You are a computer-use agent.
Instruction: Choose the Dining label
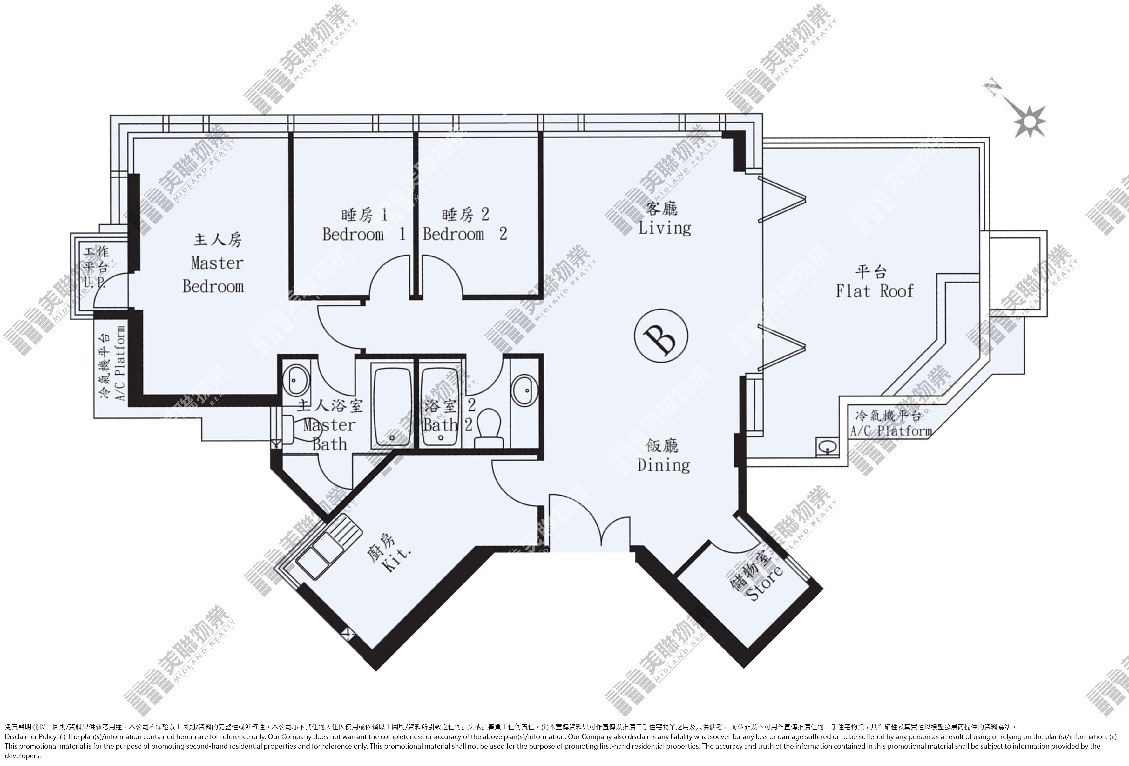click(664, 465)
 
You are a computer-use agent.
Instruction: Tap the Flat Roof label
click(875, 291)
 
